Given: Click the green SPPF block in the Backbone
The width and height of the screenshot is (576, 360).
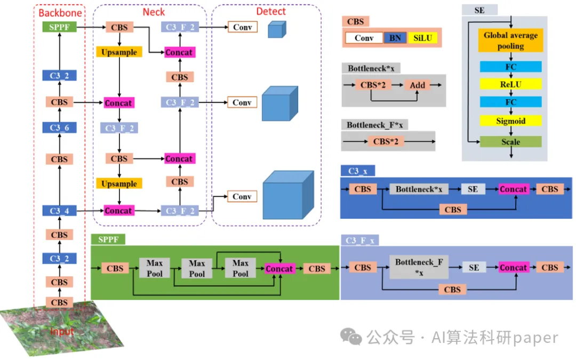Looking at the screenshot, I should click(59, 27).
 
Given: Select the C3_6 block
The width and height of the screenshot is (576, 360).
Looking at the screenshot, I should click(59, 128).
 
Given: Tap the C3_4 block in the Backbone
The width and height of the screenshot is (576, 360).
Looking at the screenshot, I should click(59, 211).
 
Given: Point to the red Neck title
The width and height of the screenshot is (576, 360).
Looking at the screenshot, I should click(154, 11).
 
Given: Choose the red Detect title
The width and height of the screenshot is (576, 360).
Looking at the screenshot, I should click(271, 11).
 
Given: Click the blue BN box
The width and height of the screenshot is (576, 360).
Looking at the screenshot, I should click(395, 38).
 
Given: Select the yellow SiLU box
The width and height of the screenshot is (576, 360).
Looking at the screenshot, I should click(422, 38).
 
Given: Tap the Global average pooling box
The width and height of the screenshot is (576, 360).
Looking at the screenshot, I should click(510, 41).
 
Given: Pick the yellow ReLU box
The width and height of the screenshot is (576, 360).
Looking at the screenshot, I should click(510, 84).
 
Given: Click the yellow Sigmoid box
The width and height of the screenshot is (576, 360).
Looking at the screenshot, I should click(510, 121).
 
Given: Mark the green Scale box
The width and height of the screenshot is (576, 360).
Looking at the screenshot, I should click(510, 142).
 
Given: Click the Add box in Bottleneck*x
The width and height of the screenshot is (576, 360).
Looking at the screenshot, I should click(418, 85).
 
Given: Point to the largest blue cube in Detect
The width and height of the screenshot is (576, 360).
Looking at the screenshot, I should click(288, 195).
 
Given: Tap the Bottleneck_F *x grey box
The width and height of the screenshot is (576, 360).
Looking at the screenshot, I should click(419, 267).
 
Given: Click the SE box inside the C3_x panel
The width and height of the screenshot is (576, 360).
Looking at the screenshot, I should click(473, 189).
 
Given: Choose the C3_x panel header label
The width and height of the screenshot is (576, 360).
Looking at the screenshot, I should click(357, 171).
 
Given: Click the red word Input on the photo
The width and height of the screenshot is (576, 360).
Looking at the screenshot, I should click(62, 332).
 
